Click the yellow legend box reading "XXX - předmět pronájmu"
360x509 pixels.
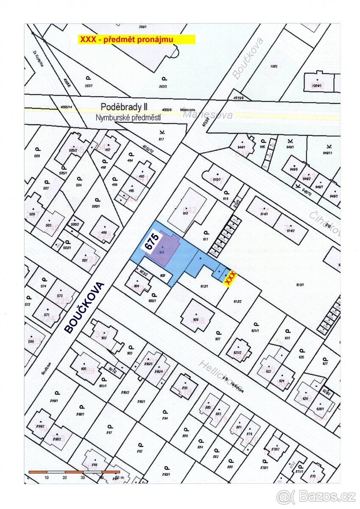coord(136,39)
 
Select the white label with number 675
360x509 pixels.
coord(152,242)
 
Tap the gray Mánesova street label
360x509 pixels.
coord(208,115)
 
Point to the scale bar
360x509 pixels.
coord(74,472)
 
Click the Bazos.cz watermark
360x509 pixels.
coord(316,496)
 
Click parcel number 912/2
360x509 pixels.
coord(237,301)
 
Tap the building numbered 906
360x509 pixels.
coord(196,319)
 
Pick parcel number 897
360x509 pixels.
coord(109,432)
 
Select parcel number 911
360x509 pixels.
coord(206,239)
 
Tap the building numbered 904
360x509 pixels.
coord(137,285)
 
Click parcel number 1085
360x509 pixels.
coord(273,66)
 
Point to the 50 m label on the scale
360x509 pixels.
coord(120,478)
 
